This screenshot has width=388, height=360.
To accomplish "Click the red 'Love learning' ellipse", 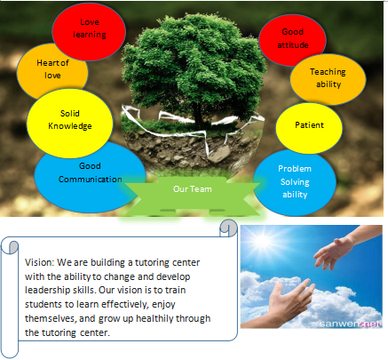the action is [x=89, y=32].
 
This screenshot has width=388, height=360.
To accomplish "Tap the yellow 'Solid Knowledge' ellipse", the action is [x=70, y=123].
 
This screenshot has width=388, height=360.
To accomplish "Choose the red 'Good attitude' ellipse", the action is [x=292, y=38].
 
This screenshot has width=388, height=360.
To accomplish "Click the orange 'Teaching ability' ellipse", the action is [x=328, y=79].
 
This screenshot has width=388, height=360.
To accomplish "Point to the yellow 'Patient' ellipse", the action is [x=309, y=127].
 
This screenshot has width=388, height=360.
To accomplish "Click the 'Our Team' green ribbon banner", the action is [x=193, y=194].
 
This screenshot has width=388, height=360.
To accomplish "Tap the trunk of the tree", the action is [x=198, y=116].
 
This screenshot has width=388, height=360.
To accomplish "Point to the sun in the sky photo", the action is [x=262, y=239].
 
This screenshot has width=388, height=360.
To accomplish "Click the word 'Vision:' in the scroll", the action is [x=40, y=262].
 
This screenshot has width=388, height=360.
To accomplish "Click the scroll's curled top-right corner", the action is [x=228, y=228].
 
